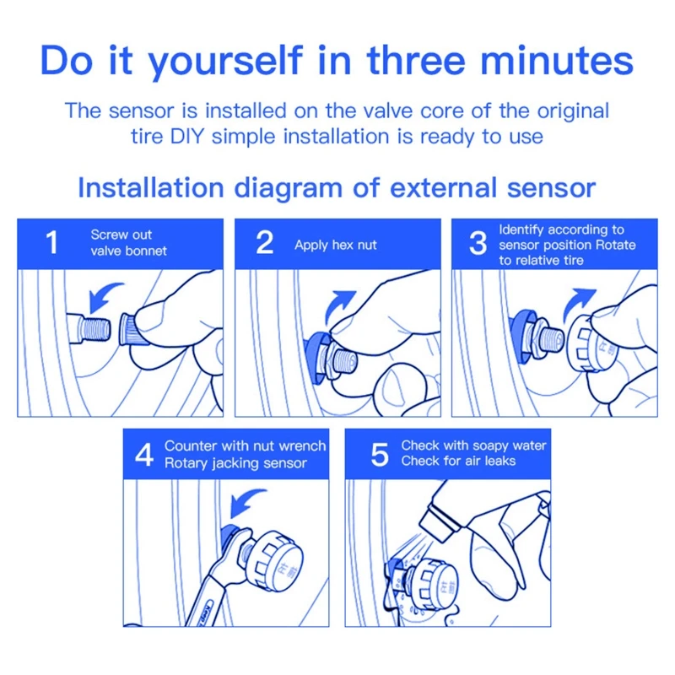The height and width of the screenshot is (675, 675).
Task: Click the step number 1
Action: click(52, 242)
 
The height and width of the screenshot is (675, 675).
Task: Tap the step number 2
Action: click(265, 242)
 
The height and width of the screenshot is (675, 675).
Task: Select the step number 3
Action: click(478, 243)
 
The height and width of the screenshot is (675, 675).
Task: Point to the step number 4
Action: click(144, 455)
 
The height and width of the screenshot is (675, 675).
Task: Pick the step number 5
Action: click(380, 455)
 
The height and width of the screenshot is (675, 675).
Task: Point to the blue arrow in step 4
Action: click(246, 502)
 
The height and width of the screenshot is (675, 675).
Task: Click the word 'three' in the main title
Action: click(416, 60)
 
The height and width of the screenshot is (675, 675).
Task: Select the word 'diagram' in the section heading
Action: click(288, 188)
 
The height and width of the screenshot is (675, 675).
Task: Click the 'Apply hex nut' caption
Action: click(335, 245)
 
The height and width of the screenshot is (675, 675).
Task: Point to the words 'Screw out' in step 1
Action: click(121, 235)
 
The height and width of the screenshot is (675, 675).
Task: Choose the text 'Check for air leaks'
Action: click(458, 461)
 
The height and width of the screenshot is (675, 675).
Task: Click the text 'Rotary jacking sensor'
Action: click(235, 463)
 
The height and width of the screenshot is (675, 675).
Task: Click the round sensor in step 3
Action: click(592, 343)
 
